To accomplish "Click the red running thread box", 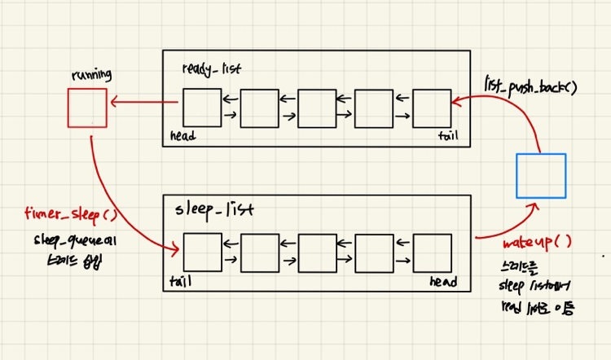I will pos(86,108).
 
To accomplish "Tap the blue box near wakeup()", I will pos(541,175).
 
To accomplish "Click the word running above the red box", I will pos(91,75).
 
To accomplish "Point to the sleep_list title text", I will pos(213,209).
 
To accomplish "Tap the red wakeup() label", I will pos(537,243).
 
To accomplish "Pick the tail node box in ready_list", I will pos(432,109).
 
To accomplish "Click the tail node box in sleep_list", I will pos(202,252).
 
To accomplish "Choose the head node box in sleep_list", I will pos(432,252).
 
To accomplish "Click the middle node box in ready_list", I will pos(317,109).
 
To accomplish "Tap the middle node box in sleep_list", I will pos(317,252).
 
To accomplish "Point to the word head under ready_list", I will pos(183,136).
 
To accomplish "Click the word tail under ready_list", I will pos(447,136).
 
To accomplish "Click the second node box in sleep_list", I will pos(260,252).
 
